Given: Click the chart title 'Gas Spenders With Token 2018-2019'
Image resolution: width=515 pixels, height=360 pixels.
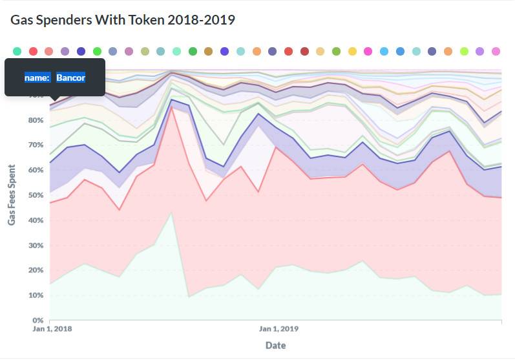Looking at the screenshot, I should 123,20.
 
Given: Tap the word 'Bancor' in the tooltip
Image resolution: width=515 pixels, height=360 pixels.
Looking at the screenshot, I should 70,78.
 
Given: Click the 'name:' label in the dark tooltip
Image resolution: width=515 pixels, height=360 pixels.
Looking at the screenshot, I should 37,78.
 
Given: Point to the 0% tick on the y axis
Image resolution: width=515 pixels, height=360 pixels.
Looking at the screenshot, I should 37,320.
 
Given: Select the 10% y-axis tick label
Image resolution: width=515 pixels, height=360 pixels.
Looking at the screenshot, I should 36,295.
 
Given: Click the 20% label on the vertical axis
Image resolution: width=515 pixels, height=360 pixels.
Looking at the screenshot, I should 36,270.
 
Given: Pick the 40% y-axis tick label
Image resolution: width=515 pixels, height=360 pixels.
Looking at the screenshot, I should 36,220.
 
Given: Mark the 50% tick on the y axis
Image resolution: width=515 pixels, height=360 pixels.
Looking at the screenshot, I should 36,195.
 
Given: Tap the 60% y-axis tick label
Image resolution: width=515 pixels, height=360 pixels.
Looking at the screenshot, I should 36,170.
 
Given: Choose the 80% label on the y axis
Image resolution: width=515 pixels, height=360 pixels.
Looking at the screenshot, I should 36,120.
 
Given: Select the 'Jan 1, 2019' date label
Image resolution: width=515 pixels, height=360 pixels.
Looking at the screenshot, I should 279,329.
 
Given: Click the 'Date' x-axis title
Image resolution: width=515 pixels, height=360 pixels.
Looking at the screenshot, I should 276,345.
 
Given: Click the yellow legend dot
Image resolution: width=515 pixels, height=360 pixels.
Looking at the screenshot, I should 352,51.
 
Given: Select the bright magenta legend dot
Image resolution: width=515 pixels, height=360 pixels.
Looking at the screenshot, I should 368,51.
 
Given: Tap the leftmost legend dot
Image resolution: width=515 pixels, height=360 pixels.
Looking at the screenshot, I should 17,51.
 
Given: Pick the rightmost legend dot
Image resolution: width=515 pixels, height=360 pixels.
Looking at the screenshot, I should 496,51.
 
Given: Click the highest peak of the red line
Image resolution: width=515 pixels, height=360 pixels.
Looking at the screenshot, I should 171,107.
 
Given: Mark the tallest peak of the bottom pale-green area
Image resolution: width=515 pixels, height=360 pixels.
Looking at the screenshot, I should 171,212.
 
